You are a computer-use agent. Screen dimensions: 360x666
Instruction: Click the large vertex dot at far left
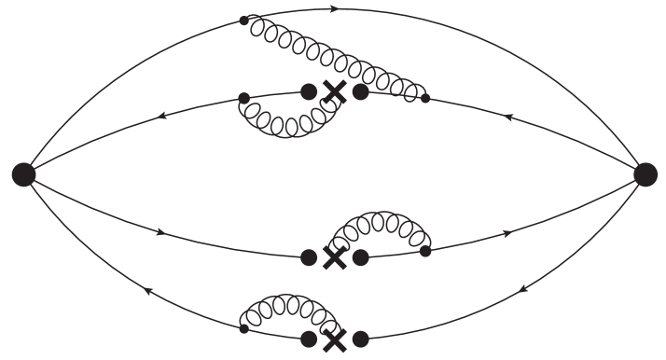(23, 173)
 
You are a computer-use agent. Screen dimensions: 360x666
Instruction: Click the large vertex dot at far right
(645, 173)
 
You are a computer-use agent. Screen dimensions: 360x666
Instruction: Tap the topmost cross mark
(334, 91)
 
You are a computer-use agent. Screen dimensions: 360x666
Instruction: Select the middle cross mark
(334, 256)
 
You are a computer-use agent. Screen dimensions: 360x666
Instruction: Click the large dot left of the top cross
(309, 91)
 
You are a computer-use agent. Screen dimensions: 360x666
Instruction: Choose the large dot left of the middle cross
(309, 256)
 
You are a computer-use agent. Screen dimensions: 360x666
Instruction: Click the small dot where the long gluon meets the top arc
(244, 20)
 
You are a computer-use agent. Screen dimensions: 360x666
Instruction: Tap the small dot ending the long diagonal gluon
(425, 98)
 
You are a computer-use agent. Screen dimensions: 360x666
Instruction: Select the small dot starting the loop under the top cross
(243, 97)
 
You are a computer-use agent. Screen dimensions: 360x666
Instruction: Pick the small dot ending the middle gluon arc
(425, 251)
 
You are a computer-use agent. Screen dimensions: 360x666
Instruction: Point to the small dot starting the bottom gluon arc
(243, 328)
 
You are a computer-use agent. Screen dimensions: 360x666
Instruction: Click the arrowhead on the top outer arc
(333, 8)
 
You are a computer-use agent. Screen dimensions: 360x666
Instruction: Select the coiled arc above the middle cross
(378, 225)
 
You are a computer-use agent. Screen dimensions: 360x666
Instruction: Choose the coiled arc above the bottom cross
(284, 305)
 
